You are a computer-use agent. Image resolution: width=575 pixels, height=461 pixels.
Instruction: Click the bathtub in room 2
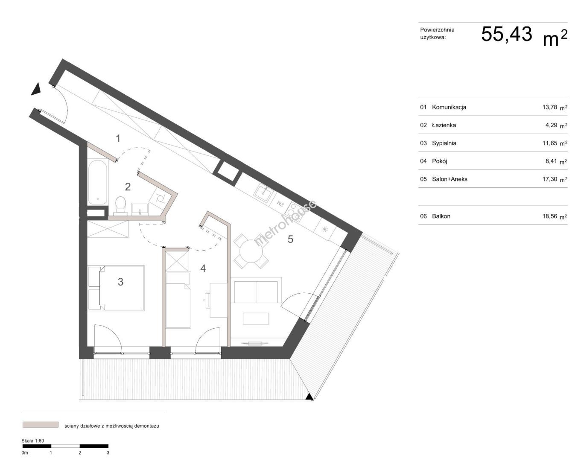[x=97, y=182]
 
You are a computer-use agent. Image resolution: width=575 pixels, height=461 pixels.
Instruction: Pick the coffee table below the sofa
[x=256, y=318]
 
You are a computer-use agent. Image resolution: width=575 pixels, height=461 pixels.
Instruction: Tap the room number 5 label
[x=290, y=239]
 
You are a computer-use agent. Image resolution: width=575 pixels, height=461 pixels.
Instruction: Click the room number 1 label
[x=118, y=138]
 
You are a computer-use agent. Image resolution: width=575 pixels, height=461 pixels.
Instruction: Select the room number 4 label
[x=203, y=268]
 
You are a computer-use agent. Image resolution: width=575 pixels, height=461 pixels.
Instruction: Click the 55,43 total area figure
[x=507, y=34]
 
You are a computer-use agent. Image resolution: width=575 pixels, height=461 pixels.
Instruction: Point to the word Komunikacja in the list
[x=449, y=107]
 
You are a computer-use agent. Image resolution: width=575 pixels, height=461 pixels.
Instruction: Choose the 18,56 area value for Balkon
[x=550, y=216]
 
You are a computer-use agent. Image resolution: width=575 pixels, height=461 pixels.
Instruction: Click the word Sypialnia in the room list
[x=444, y=143]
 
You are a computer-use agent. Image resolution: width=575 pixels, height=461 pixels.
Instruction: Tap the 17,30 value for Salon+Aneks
[x=550, y=179]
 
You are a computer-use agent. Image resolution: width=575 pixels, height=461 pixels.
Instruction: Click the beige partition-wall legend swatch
[x=41, y=425]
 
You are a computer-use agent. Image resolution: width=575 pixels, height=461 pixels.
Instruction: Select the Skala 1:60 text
[x=32, y=441]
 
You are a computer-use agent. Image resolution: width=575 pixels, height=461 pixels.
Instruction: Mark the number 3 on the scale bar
[x=108, y=453]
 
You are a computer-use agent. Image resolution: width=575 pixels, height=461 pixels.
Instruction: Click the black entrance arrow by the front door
[x=36, y=89]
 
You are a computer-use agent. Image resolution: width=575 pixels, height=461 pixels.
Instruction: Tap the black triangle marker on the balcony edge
[x=309, y=397]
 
